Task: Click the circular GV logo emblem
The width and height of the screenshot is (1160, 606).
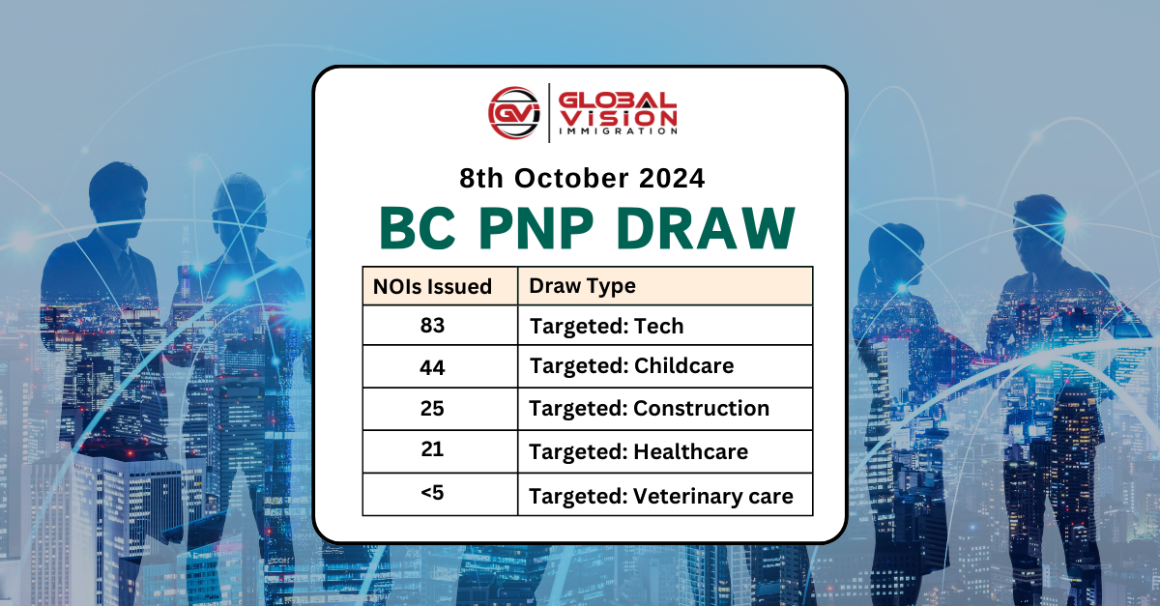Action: point(513,113)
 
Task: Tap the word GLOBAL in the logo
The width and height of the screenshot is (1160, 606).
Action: point(619,101)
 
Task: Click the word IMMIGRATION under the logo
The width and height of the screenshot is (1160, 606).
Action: point(619,130)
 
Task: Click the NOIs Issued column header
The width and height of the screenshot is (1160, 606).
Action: point(432,286)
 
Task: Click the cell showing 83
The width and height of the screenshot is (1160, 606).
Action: point(432,326)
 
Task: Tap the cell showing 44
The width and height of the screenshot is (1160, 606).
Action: point(432,366)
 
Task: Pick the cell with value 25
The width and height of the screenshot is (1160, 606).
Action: point(432,408)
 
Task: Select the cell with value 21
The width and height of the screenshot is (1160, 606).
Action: point(432,449)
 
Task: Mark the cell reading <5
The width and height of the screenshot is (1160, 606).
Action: point(432,493)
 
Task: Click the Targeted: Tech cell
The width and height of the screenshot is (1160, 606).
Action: point(606,327)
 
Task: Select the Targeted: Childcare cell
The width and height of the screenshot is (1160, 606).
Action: point(631,366)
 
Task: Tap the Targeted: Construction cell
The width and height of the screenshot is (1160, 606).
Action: point(649,409)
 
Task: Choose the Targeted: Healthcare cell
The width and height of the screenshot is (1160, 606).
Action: point(638,451)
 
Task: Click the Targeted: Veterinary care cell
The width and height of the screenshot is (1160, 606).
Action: point(661,497)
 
